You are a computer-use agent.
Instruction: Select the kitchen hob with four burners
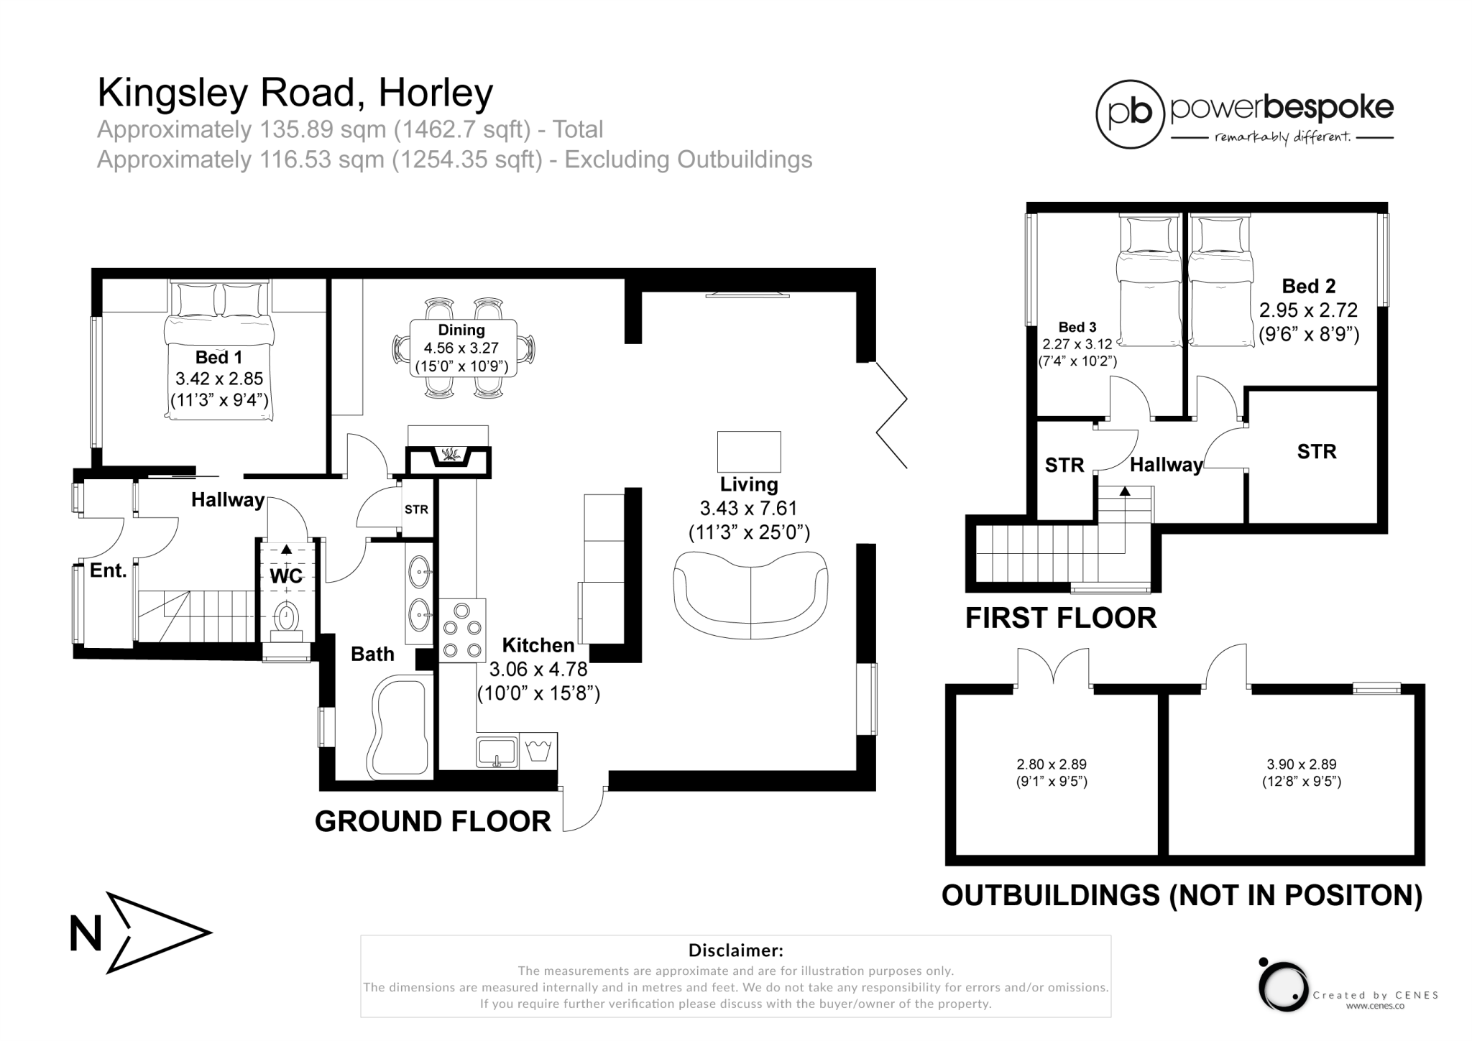[462, 630]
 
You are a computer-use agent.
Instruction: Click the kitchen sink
[496, 751]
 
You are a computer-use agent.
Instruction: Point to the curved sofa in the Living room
[750, 594]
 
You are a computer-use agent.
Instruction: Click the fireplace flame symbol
[450, 455]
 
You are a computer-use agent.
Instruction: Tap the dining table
[463, 348]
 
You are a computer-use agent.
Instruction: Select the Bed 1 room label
[218, 358]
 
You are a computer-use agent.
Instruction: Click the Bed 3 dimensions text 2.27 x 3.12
[1077, 344]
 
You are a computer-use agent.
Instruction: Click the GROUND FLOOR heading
[433, 821]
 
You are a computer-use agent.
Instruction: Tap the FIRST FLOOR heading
[1060, 618]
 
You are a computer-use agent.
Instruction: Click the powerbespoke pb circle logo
[1129, 114]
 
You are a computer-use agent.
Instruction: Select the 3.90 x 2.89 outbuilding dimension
[1302, 765]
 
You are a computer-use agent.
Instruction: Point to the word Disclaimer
[735, 950]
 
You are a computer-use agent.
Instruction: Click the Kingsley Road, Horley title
[295, 93]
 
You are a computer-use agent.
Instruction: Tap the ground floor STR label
[416, 509]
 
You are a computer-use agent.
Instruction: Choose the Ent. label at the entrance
[108, 571]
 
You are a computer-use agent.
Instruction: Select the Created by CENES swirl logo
[1283, 986]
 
